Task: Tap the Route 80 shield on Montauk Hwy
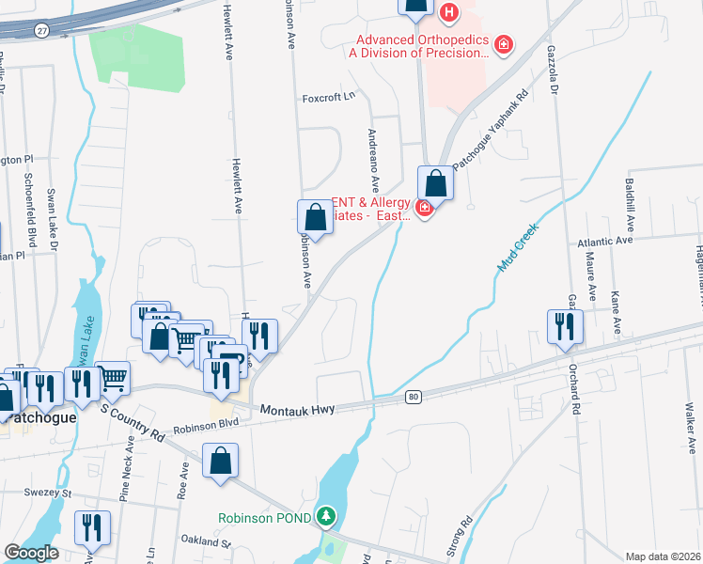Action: [414, 398]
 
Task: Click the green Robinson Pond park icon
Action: [325, 517]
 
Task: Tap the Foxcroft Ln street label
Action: [329, 97]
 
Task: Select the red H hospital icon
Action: [449, 13]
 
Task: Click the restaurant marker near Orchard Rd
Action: [565, 326]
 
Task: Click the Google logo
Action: [31, 553]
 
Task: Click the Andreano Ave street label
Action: [374, 156]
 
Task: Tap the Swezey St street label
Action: [54, 493]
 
